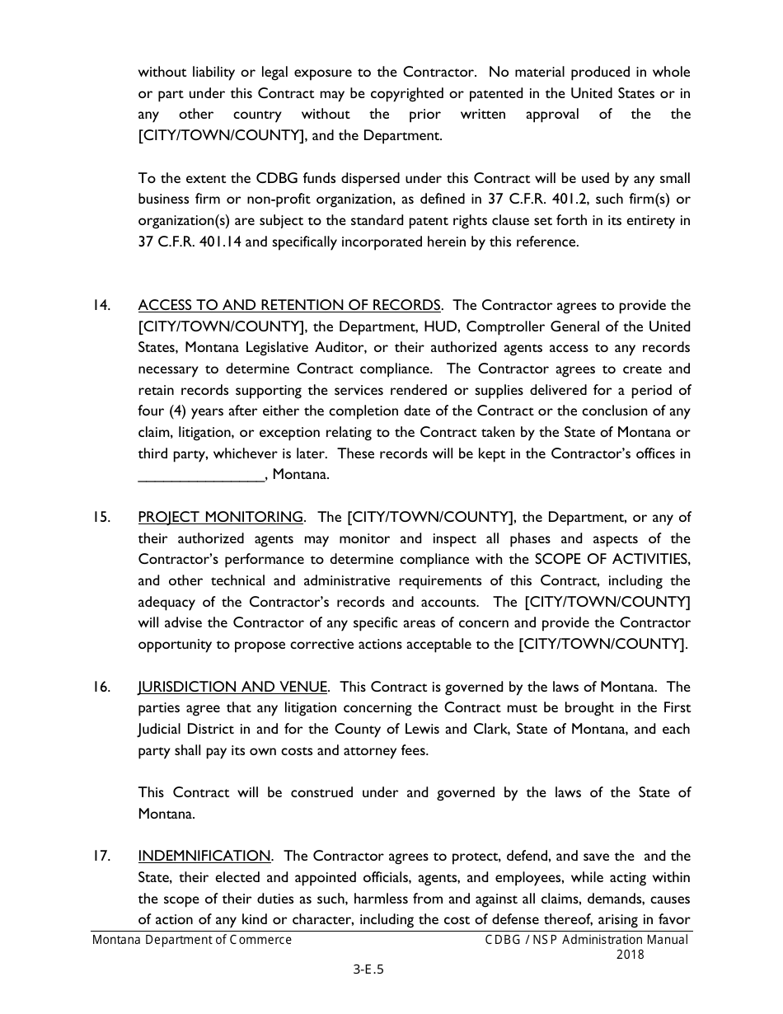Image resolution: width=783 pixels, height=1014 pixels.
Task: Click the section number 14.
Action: (101, 306)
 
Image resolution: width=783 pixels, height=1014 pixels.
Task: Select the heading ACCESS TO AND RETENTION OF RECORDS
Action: (289, 306)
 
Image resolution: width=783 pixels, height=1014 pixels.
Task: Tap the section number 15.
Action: (101, 518)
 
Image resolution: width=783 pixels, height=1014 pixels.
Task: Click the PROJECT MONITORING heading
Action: (220, 518)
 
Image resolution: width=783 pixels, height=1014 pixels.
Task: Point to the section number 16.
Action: (101, 687)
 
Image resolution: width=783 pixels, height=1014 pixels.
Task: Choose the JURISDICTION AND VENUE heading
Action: (233, 687)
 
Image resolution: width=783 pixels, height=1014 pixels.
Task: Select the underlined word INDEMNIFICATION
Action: (204, 857)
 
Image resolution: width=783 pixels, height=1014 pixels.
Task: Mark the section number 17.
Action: (101, 857)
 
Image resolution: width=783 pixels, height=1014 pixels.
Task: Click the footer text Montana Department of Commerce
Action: (192, 940)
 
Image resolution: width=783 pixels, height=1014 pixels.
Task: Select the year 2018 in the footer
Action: (630, 955)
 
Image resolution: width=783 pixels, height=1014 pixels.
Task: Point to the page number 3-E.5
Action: (368, 970)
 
